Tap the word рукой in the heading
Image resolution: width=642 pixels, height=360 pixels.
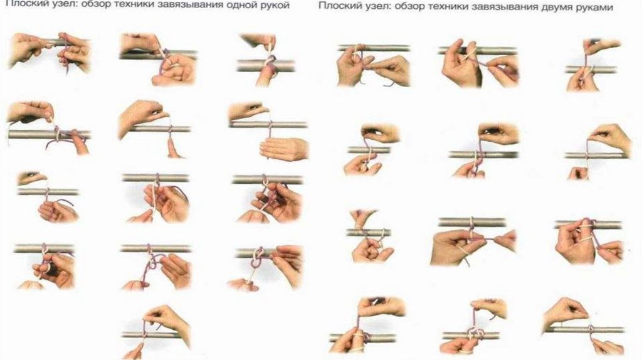(x=276, y=5)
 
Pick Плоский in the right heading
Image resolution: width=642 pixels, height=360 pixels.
(x=336, y=6)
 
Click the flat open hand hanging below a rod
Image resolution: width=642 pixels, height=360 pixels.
(x=283, y=149)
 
